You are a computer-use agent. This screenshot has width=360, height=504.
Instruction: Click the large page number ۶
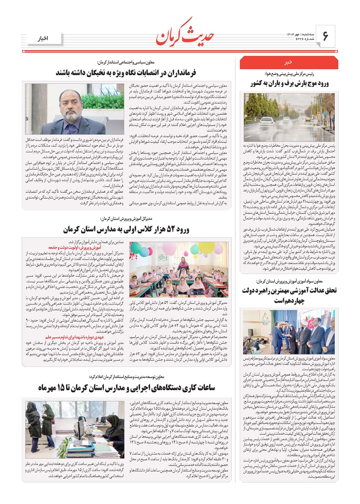(325, 36)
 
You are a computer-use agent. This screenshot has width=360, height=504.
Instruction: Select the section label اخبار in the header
(45, 39)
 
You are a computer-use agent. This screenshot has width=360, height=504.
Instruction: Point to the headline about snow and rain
(290, 84)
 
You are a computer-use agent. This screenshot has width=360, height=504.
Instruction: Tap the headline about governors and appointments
(126, 73)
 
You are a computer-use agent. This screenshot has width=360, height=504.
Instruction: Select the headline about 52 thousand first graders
(126, 229)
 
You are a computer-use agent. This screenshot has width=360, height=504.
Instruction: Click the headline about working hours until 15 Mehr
(126, 387)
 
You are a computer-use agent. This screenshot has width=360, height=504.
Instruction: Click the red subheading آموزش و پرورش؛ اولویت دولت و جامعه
(79, 248)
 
